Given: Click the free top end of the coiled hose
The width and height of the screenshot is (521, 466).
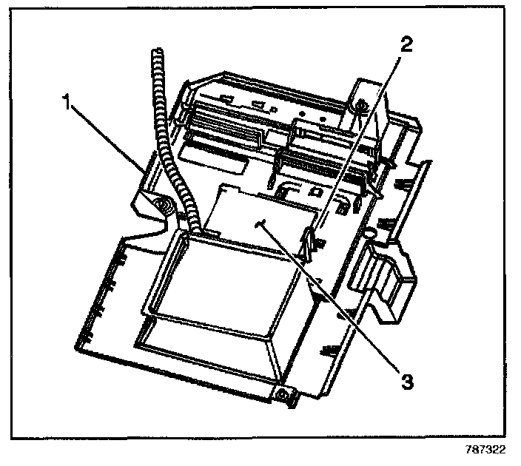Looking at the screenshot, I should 157,53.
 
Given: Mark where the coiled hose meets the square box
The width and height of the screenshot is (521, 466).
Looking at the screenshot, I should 194,230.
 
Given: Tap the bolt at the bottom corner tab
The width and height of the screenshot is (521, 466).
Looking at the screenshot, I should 282,395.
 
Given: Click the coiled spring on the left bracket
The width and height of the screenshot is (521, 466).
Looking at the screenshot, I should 168,206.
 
